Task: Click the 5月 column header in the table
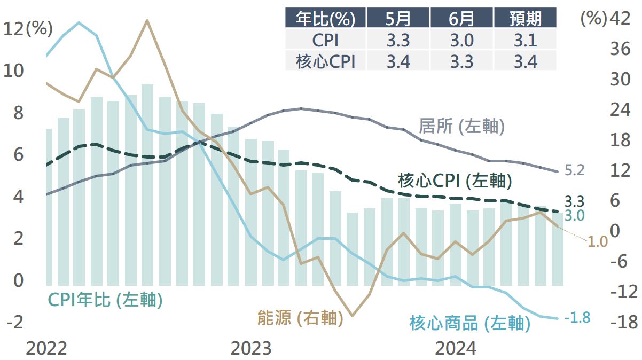[x=398, y=18]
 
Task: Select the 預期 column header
[x=525, y=18]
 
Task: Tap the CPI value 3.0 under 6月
[x=461, y=40]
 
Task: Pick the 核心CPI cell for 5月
[x=398, y=61]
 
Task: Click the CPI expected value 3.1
[x=525, y=40]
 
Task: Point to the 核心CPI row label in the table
[x=325, y=61]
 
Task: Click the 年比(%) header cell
[x=325, y=18]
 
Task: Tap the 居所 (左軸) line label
[x=461, y=127]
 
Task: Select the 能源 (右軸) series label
[x=299, y=318]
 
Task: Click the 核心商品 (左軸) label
[x=469, y=323]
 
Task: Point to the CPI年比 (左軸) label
[x=105, y=300]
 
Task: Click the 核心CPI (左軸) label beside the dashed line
[x=455, y=181]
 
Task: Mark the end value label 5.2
[x=575, y=170]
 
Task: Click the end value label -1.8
[x=577, y=317]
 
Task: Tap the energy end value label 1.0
[x=598, y=241]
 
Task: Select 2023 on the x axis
[x=250, y=348]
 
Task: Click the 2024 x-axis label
[x=455, y=348]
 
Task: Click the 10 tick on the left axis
[x=15, y=71]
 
